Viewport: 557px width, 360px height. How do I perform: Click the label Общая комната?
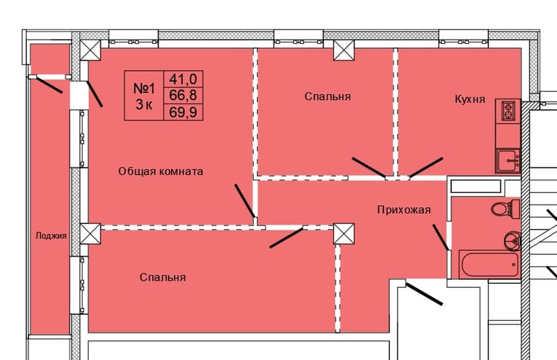click(x=161, y=172)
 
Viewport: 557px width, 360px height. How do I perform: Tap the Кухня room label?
click(x=470, y=100)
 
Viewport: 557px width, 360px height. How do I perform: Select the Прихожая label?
click(x=404, y=210)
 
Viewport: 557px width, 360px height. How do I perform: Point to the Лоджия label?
click(x=51, y=236)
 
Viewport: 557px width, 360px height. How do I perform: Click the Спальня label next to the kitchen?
click(x=328, y=97)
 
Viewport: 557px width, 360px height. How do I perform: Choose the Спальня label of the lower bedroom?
click(x=163, y=277)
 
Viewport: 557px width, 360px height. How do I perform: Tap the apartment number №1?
click(x=144, y=88)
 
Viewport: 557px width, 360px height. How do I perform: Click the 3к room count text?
click(x=144, y=104)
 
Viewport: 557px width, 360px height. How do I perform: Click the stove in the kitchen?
click(x=508, y=110)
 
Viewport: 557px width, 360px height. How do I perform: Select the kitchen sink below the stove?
click(x=507, y=161)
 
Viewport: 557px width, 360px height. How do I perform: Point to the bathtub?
click(x=489, y=264)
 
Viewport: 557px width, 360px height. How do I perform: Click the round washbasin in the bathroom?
click(x=511, y=239)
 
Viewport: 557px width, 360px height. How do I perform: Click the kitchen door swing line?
click(x=426, y=168)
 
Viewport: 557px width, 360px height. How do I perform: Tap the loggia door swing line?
click(x=48, y=85)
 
